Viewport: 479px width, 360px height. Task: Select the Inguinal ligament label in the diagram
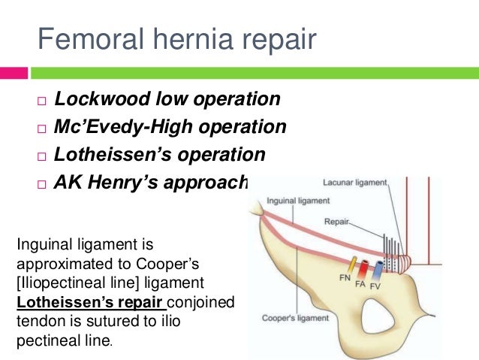point(296,201)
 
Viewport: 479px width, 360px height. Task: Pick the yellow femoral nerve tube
point(351,265)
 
